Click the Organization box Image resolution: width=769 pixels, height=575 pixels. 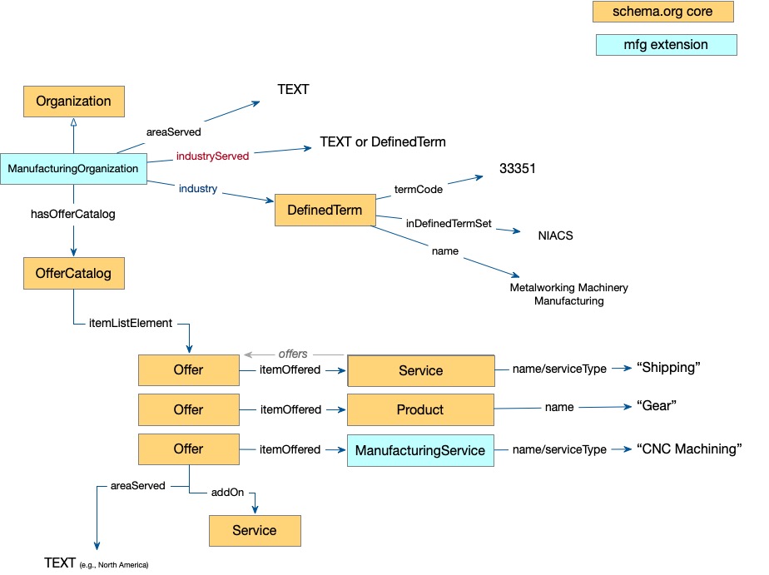pyautogui.click(x=73, y=102)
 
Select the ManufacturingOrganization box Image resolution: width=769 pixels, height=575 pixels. pyautogui.click(x=73, y=169)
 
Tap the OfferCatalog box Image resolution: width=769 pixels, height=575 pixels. pyautogui.click(x=73, y=273)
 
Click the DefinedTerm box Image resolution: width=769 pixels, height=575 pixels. pyautogui.click(x=325, y=211)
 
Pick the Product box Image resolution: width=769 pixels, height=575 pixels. pyautogui.click(x=420, y=409)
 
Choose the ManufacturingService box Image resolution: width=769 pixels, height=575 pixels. pyautogui.click(x=420, y=450)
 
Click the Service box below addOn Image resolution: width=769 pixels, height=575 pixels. pyautogui.click(x=254, y=530)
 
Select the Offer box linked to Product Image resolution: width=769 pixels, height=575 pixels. pyautogui.click(x=188, y=409)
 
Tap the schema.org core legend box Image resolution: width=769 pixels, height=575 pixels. pyautogui.click(x=663, y=12)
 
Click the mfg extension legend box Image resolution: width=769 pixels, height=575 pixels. pyautogui.click(x=666, y=45)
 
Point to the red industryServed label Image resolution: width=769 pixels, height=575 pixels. pyautogui.click(x=212, y=156)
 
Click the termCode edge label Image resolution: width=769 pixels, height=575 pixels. pyautogui.click(x=418, y=189)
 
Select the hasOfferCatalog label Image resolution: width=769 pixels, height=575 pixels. pyautogui.click(x=73, y=215)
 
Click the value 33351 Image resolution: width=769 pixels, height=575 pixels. pyautogui.click(x=518, y=169)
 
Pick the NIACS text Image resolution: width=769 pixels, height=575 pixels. pyautogui.click(x=555, y=235)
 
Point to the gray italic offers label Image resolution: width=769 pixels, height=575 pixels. pyautogui.click(x=293, y=354)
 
